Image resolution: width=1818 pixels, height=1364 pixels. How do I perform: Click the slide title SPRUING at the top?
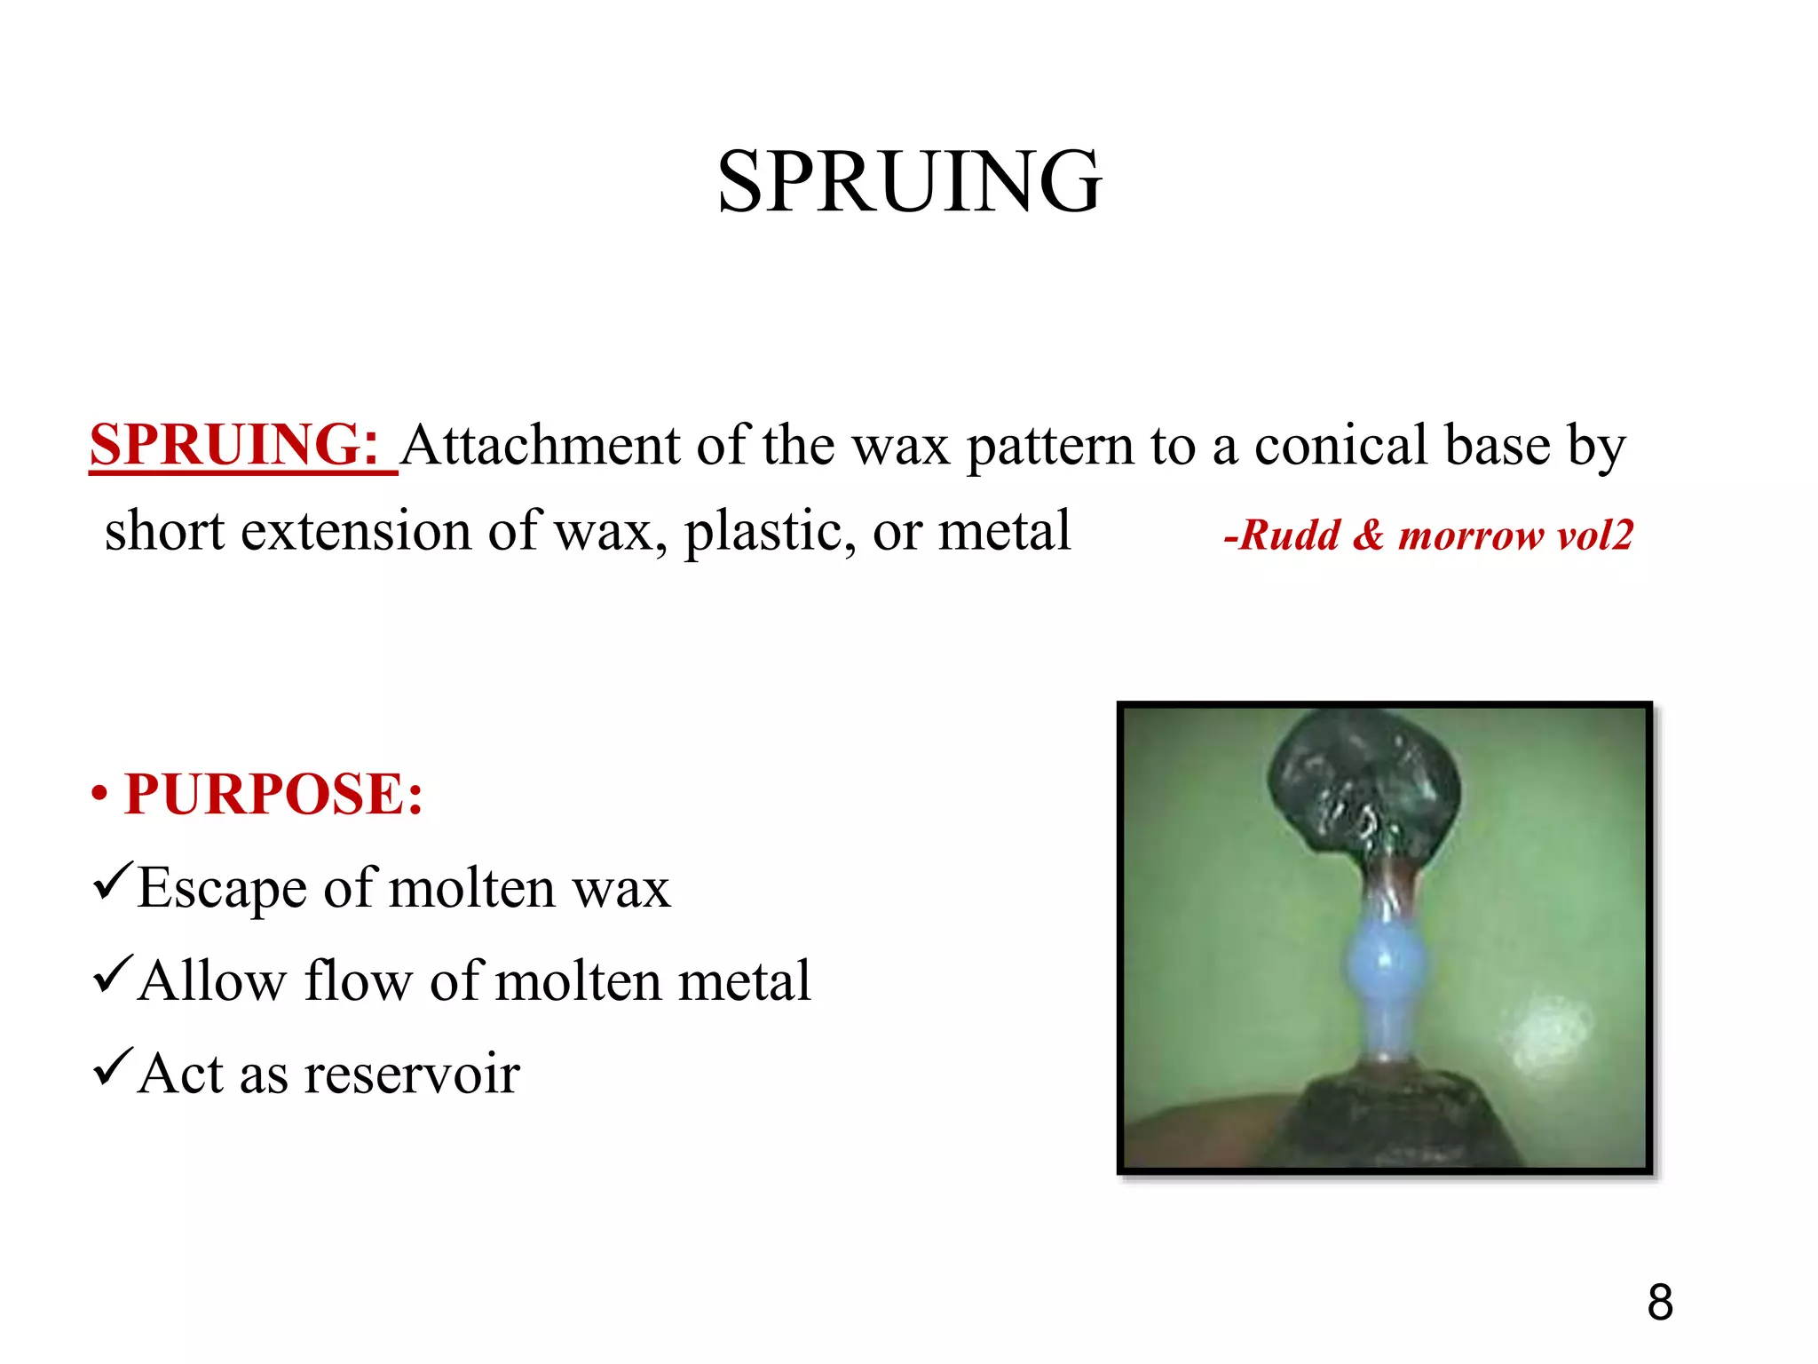click(x=909, y=182)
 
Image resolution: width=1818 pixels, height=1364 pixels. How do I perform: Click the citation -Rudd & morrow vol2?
click(x=1427, y=535)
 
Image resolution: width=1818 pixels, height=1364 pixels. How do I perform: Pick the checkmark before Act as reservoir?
click(x=112, y=1067)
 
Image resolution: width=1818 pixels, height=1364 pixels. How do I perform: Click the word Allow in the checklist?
click(x=213, y=980)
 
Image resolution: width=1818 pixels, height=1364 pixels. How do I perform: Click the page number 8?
click(x=1660, y=1303)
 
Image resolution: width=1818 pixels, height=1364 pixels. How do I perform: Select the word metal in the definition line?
click(x=1005, y=531)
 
